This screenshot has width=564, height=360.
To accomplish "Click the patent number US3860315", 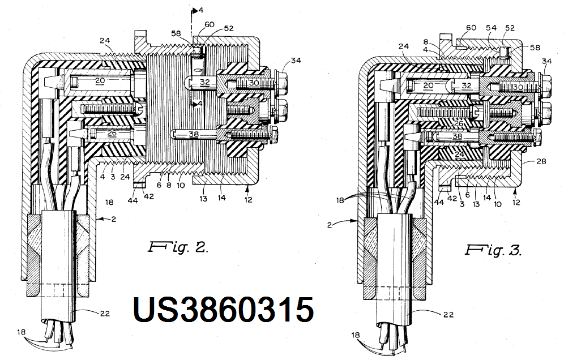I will (223, 311).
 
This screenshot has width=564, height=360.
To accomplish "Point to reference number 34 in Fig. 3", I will (546, 61).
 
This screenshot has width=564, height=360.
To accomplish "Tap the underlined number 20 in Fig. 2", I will (101, 82).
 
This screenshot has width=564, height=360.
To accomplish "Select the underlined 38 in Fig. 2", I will (195, 135).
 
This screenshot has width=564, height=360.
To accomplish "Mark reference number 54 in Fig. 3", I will (492, 28).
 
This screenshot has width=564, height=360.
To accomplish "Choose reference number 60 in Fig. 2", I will (209, 24).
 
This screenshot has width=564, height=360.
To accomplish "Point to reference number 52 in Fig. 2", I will (229, 28).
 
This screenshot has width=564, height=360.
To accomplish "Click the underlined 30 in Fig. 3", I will (518, 87).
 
